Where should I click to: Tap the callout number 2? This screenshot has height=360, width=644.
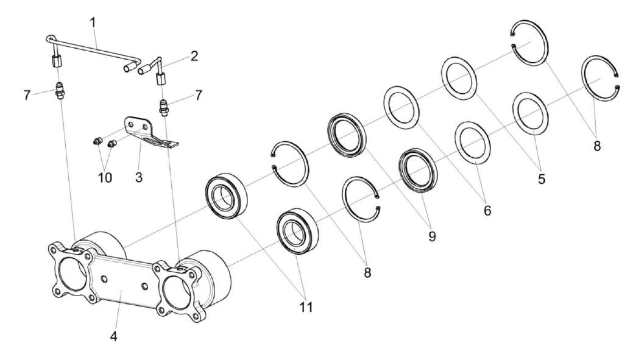(194, 57)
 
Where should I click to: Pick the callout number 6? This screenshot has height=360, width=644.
(487, 210)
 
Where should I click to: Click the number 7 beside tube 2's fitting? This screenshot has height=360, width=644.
(197, 95)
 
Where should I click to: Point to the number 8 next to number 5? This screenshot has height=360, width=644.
(596, 146)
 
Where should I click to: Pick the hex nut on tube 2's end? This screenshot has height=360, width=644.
(162, 79)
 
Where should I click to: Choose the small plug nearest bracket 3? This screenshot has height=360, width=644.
(111, 144)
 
